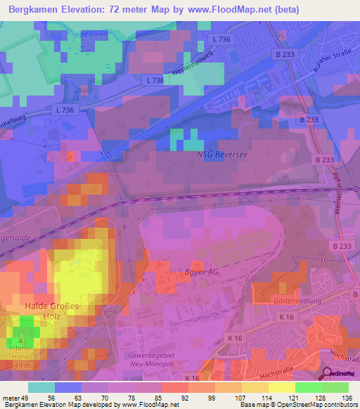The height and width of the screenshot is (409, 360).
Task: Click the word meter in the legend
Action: click(x=11, y=397)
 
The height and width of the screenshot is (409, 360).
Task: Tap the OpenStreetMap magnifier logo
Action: click(x=328, y=374)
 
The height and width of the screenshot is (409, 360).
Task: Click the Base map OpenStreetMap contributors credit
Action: click(x=298, y=405)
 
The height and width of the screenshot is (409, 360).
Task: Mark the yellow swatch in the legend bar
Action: click(x=281, y=387)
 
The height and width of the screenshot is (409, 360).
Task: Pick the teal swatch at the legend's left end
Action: click(x=41, y=387)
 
